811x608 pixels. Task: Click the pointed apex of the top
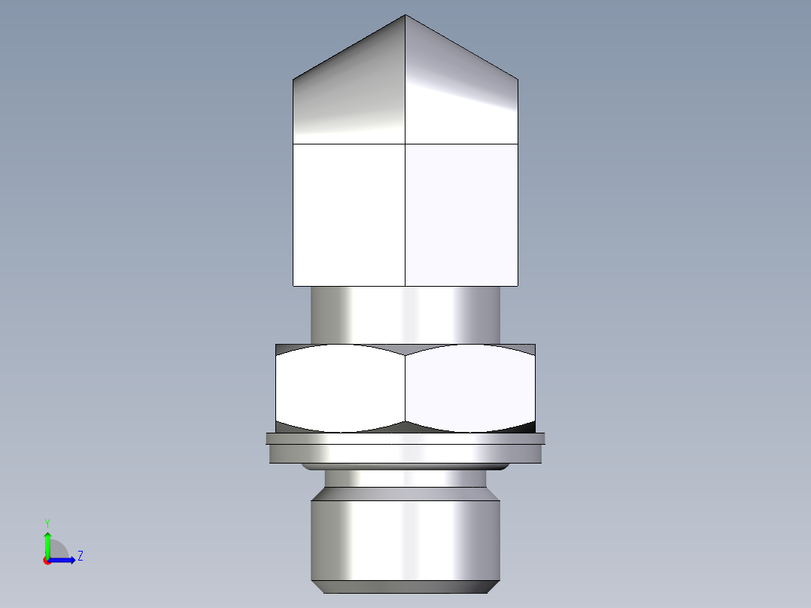[x=405, y=16]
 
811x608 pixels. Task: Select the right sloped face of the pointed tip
[x=462, y=98]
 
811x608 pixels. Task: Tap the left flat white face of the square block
[x=348, y=214]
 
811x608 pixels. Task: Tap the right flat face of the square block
[x=462, y=214]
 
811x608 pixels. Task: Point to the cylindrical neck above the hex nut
[x=405, y=315]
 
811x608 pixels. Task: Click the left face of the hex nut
[x=341, y=388]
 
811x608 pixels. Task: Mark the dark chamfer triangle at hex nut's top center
[x=405, y=348]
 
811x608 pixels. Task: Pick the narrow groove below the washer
[x=405, y=479]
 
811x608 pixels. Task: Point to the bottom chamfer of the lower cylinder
[x=405, y=587]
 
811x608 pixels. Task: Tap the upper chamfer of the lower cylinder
[x=405, y=494]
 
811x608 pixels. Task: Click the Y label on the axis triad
[x=47, y=522]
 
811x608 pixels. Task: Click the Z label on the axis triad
[x=80, y=556]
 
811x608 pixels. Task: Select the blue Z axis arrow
[x=64, y=560]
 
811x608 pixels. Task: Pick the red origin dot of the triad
[x=47, y=561]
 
